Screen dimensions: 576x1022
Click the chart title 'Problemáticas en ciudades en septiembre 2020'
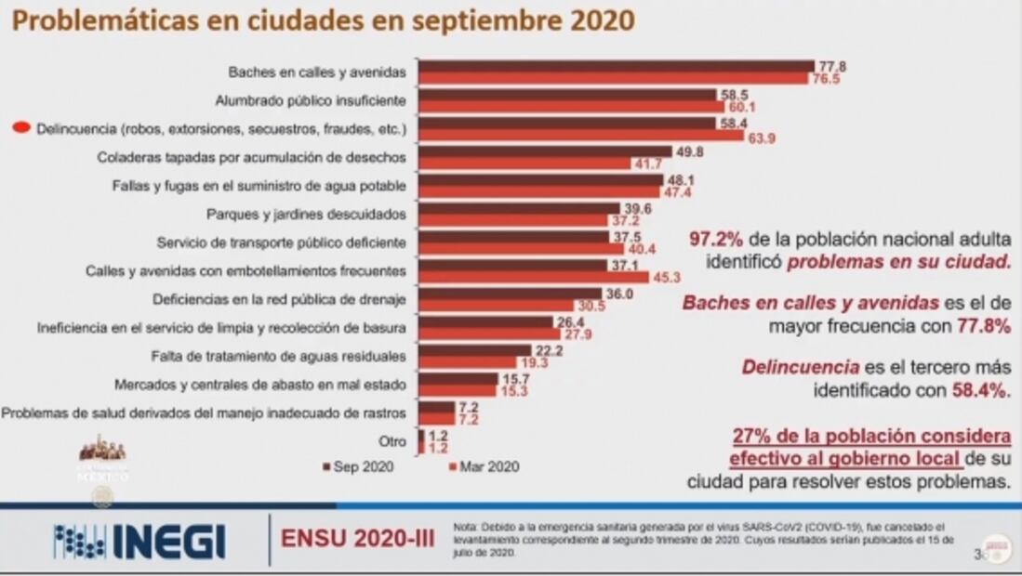pyautogui.click(x=323, y=20)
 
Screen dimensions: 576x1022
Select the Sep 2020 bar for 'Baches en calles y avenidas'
pyautogui.click(x=617, y=66)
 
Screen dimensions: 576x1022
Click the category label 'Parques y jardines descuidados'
pyautogui.click(x=306, y=214)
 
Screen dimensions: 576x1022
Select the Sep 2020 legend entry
pyautogui.click(x=357, y=466)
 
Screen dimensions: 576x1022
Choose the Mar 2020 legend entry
pyautogui.click(x=483, y=466)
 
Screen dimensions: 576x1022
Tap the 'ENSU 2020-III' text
pyautogui.click(x=357, y=540)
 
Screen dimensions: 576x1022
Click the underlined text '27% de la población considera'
pyautogui.click(x=870, y=436)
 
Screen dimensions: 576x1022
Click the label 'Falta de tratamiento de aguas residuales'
pyautogui.click(x=279, y=355)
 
